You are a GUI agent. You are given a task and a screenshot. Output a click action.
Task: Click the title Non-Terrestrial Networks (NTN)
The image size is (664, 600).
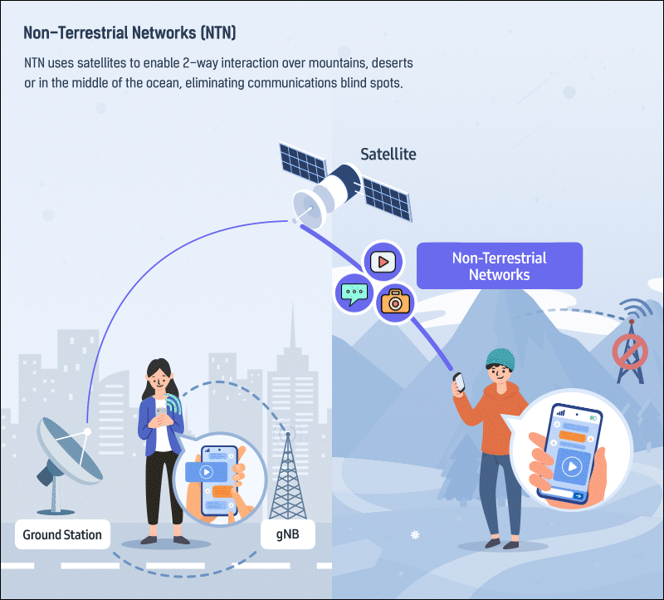(x=130, y=33)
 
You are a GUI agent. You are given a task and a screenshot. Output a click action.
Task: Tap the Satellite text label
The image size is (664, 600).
(x=388, y=154)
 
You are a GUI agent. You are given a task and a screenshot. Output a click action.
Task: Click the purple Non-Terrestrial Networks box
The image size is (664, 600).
(x=499, y=266)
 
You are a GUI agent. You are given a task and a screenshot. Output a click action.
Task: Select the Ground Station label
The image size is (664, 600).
(x=62, y=534)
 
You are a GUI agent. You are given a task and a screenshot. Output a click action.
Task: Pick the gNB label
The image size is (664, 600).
(x=288, y=534)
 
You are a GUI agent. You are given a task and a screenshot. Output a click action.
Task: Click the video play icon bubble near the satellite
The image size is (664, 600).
(x=383, y=261)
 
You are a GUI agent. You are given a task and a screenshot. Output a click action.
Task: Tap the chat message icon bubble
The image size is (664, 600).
(x=354, y=293)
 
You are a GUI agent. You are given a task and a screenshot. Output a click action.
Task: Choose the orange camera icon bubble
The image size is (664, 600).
(x=395, y=303)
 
